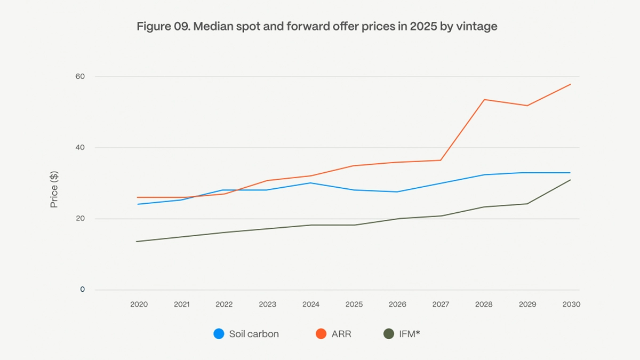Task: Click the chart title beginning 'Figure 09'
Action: [x=317, y=26]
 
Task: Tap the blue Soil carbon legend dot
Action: [x=219, y=334]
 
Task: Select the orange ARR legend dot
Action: [x=321, y=334]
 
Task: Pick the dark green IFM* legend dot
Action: [x=389, y=334]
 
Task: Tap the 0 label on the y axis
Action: [x=83, y=290]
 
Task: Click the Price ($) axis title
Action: [x=54, y=189]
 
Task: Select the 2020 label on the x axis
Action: [x=139, y=305]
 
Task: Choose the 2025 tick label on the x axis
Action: [x=354, y=305]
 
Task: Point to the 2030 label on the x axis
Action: [x=571, y=305]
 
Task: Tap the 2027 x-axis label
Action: [x=441, y=305]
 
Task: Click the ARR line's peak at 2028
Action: [x=484, y=100]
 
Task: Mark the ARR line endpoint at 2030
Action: [x=570, y=84]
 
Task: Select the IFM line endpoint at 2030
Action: [x=570, y=180]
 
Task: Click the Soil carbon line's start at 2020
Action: [x=137, y=204]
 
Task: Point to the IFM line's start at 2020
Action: [x=137, y=242]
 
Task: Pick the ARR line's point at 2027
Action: [x=441, y=160]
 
